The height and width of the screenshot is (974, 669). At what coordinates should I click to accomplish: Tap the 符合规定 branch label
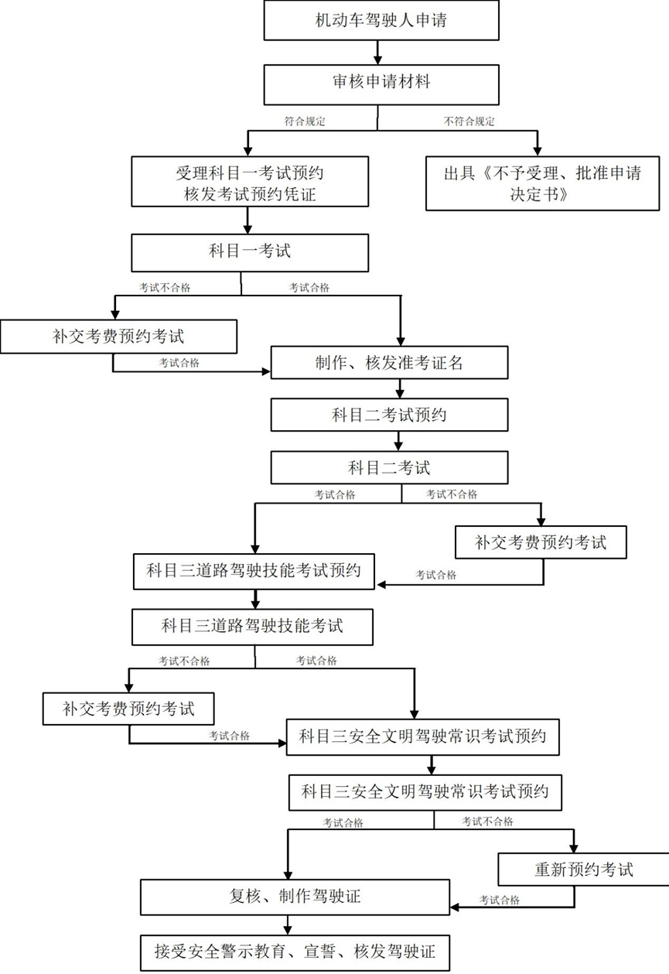[305, 121]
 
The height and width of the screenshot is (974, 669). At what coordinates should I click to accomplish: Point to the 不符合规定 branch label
[469, 121]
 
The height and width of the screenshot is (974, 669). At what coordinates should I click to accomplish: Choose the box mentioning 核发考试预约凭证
[248, 183]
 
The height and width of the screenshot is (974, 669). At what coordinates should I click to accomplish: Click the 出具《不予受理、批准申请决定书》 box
[541, 183]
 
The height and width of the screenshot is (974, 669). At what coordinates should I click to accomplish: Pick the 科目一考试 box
[248, 251]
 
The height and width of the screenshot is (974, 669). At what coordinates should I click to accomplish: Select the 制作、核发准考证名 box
[389, 362]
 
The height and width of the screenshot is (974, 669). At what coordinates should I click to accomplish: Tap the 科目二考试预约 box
[389, 415]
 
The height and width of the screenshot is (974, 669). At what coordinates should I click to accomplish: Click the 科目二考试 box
[389, 468]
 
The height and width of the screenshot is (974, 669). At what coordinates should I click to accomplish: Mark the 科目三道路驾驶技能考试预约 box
[254, 572]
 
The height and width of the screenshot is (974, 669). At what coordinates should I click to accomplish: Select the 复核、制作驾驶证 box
[295, 897]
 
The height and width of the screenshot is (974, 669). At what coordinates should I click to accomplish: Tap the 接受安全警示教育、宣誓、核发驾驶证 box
[295, 950]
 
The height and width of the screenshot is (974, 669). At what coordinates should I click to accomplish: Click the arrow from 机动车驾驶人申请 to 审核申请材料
[378, 52]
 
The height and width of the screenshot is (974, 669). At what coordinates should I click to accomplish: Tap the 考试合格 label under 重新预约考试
[499, 900]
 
